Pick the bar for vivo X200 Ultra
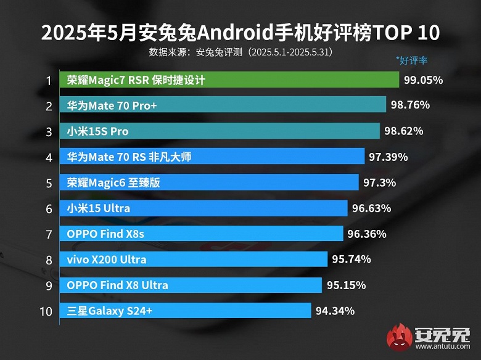[194, 260]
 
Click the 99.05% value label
[424, 80]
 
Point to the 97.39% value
[388, 157]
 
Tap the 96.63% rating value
[372, 208]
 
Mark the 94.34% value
[335, 311]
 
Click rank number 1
[47, 80]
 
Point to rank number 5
[47, 182]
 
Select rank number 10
[46, 311]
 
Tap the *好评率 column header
[412, 60]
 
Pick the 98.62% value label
[404, 131]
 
